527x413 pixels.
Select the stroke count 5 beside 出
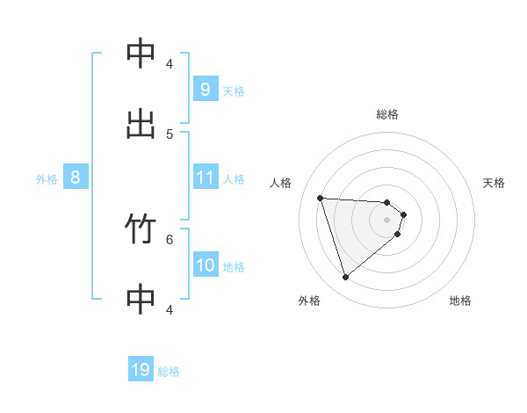tap(170, 134)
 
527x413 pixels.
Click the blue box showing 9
tap(205, 89)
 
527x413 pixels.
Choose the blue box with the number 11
tap(205, 178)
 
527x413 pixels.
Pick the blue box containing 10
tap(205, 265)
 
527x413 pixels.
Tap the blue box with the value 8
tap(76, 178)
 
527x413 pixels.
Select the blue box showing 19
tap(141, 370)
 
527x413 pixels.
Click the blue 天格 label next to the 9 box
tap(234, 91)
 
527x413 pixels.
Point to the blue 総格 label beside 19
tap(169, 372)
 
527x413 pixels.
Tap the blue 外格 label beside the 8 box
tap(47, 179)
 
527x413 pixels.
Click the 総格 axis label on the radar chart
tap(387, 114)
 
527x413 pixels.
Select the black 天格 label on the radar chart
tap(495, 183)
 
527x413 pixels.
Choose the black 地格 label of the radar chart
tap(460, 301)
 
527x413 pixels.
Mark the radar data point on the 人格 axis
tap(321, 198)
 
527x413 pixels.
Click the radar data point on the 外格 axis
tap(345, 278)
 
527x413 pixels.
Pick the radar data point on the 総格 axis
tap(387, 203)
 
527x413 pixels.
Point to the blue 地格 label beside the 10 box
tap(234, 267)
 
